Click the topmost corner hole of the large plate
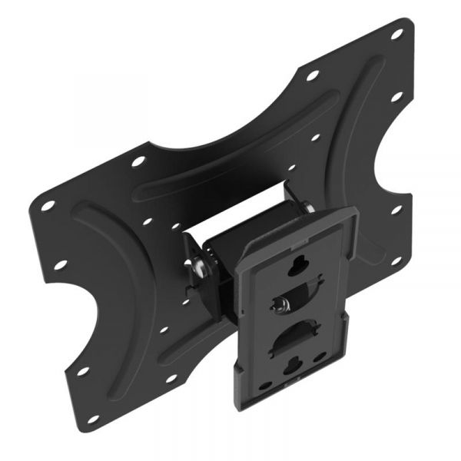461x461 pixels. click(397, 34)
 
